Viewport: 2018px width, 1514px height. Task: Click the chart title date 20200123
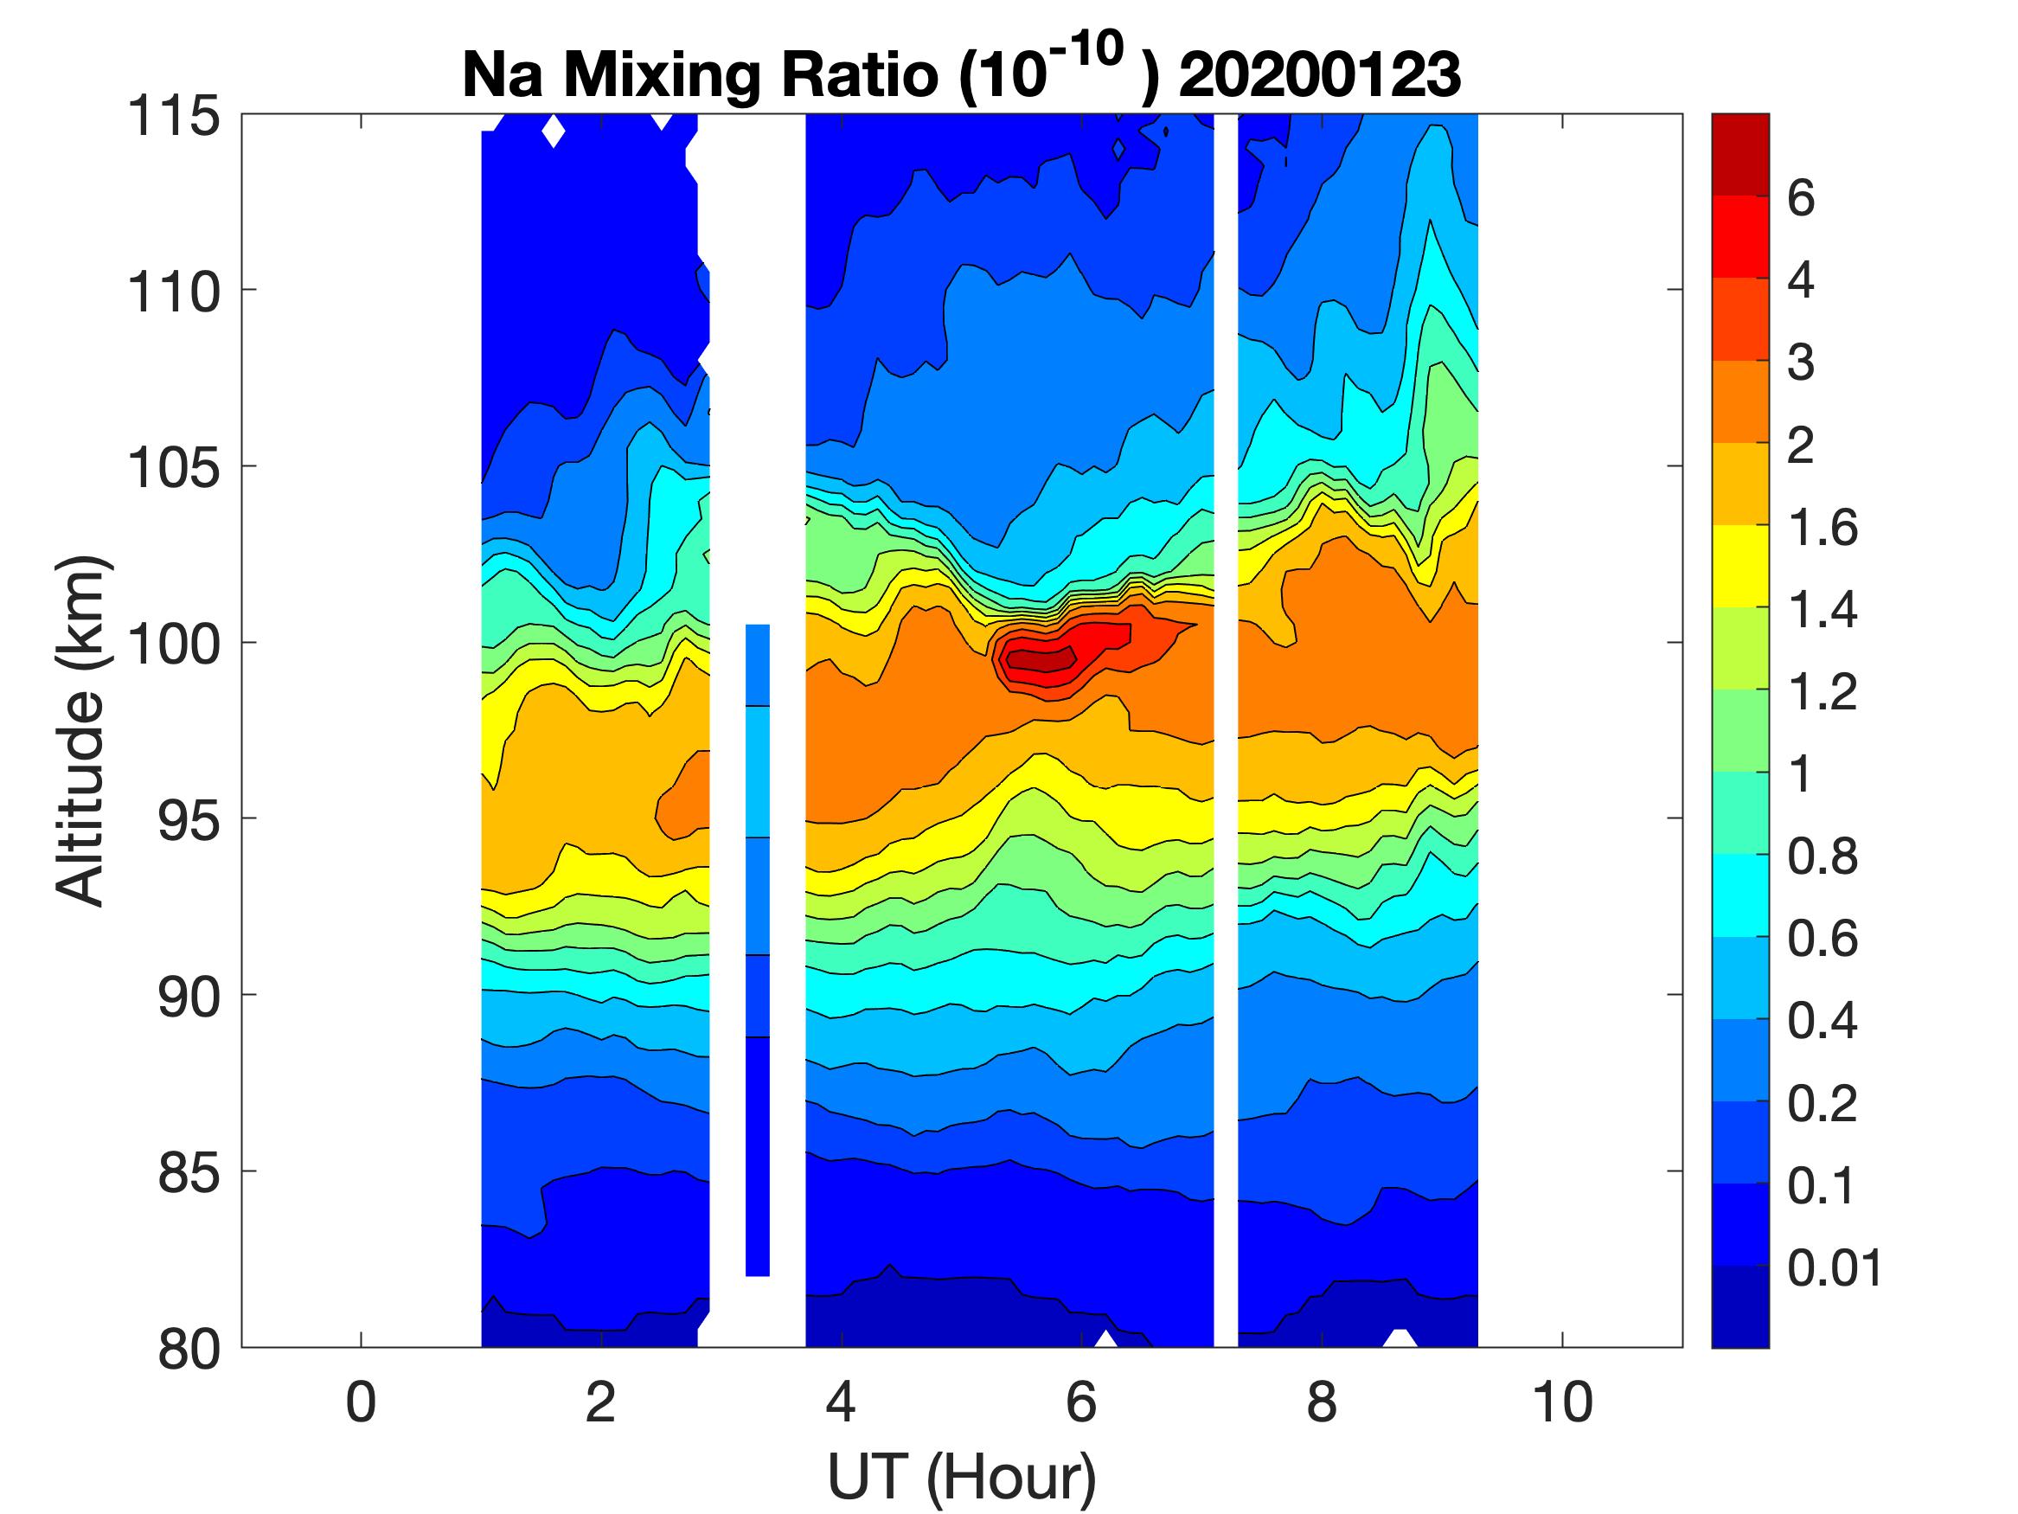1319,74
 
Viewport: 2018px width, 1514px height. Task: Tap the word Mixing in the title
661,74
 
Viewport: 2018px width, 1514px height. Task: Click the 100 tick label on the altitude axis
173,645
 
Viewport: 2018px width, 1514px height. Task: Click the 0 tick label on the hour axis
361,1402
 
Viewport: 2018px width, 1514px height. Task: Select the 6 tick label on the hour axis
1081,1402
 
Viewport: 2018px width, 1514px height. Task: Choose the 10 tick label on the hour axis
1562,1402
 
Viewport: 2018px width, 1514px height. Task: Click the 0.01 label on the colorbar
1834,1268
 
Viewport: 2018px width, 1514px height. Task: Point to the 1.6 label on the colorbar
1822,529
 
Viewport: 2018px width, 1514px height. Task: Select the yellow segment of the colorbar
1739,566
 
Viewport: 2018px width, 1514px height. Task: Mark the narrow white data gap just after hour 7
1225,730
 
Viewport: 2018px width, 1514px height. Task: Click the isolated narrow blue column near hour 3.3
757,949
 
